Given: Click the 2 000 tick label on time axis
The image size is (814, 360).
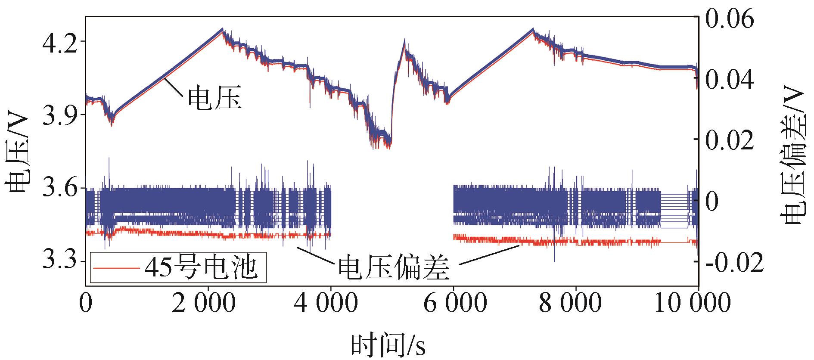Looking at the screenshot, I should click(x=208, y=302).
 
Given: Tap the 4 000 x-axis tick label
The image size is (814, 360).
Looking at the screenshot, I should click(x=331, y=302).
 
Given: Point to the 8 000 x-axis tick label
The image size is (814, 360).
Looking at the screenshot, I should click(x=576, y=302).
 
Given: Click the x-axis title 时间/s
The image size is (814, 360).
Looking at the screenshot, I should click(x=388, y=344).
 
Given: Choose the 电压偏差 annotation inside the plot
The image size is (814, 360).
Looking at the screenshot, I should click(x=394, y=269).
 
